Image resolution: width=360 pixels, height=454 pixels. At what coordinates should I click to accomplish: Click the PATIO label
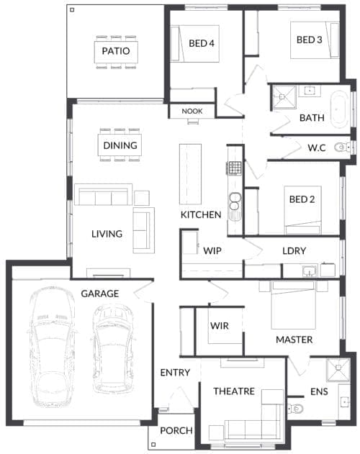click(115, 51)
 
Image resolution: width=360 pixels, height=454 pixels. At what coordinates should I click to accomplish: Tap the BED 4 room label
click(202, 43)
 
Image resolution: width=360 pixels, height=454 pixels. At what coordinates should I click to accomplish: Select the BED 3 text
click(309, 40)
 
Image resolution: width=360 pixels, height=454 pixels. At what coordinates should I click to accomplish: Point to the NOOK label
click(192, 111)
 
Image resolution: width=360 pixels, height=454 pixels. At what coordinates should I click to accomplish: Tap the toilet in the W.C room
click(344, 147)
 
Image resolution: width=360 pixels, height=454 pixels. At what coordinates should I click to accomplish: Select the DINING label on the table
click(120, 145)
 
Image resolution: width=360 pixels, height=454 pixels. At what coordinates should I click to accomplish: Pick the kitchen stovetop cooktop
click(234, 168)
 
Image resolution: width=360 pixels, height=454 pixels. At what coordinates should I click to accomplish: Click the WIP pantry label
click(212, 251)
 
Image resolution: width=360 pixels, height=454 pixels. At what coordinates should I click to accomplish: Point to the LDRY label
click(294, 251)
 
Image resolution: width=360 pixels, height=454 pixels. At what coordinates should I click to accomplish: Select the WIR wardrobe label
click(219, 326)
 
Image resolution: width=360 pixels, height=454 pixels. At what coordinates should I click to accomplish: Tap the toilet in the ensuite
click(297, 409)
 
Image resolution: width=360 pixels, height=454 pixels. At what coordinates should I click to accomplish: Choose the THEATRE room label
click(234, 391)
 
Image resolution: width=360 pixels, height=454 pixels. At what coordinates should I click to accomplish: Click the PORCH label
click(176, 431)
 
